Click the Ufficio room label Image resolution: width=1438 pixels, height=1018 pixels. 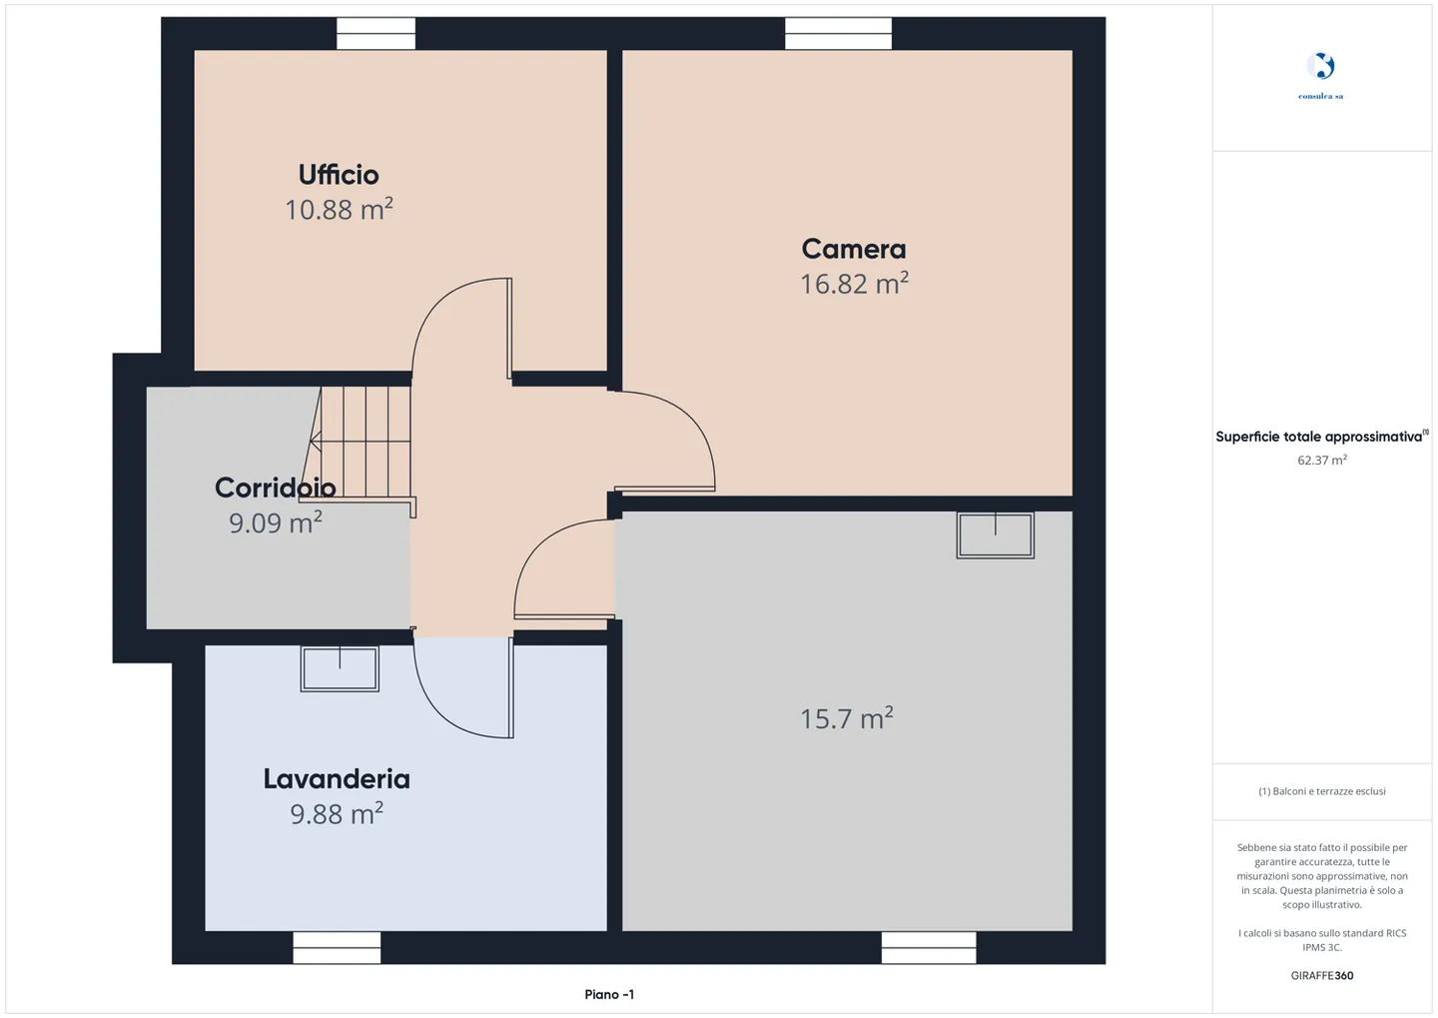point(339,175)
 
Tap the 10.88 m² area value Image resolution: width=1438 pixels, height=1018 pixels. point(339,210)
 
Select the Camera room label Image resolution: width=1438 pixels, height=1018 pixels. point(853,249)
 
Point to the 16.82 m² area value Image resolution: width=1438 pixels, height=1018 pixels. point(854,284)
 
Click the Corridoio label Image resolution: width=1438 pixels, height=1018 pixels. point(276,489)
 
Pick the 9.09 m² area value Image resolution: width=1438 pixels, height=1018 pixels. point(276,522)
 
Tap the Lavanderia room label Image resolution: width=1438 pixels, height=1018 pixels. point(337,779)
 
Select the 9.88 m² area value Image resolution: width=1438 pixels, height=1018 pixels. point(337,814)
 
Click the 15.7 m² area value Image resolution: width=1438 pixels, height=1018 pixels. point(846,718)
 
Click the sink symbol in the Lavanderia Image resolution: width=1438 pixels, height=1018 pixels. point(340,668)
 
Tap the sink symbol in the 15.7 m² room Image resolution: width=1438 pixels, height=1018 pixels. point(995,535)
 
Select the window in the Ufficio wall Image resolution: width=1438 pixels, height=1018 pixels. point(376,33)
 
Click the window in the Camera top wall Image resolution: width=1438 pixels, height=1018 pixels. point(838,33)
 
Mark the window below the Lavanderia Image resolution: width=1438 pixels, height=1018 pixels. point(338,948)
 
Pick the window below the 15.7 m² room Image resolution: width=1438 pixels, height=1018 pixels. point(929,948)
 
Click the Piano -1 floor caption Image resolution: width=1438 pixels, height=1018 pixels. point(609,994)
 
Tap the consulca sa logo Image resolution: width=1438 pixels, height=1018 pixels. point(1320,76)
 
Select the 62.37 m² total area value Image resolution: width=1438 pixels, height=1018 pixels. point(1322,460)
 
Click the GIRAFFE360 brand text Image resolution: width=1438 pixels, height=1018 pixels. point(1322,976)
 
